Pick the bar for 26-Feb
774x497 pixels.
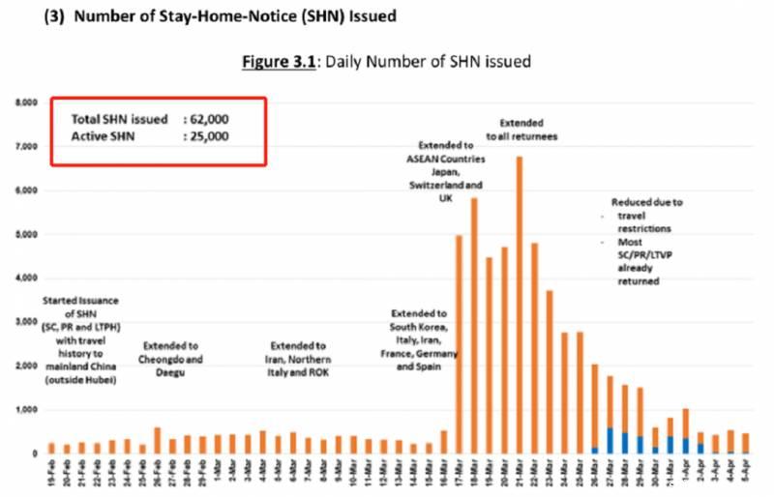(157, 440)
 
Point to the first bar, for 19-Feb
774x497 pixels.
(51, 448)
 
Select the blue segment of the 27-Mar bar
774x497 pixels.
(610, 440)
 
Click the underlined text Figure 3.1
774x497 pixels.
(282, 62)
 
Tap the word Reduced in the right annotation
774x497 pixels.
(630, 203)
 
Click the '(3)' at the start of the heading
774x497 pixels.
(53, 16)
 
